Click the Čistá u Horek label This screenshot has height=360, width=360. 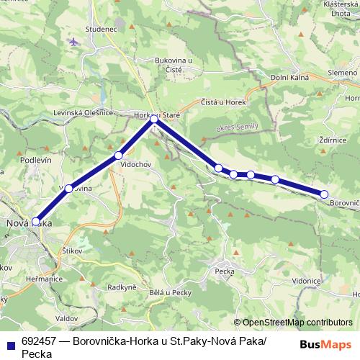[x=223, y=102]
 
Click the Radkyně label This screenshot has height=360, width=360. [x=122, y=287]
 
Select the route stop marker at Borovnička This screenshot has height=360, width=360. [x=324, y=194]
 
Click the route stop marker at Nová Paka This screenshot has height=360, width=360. [x=36, y=222]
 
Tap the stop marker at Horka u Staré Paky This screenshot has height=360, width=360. [x=153, y=120]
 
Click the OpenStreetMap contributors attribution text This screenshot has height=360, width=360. [x=297, y=322]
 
